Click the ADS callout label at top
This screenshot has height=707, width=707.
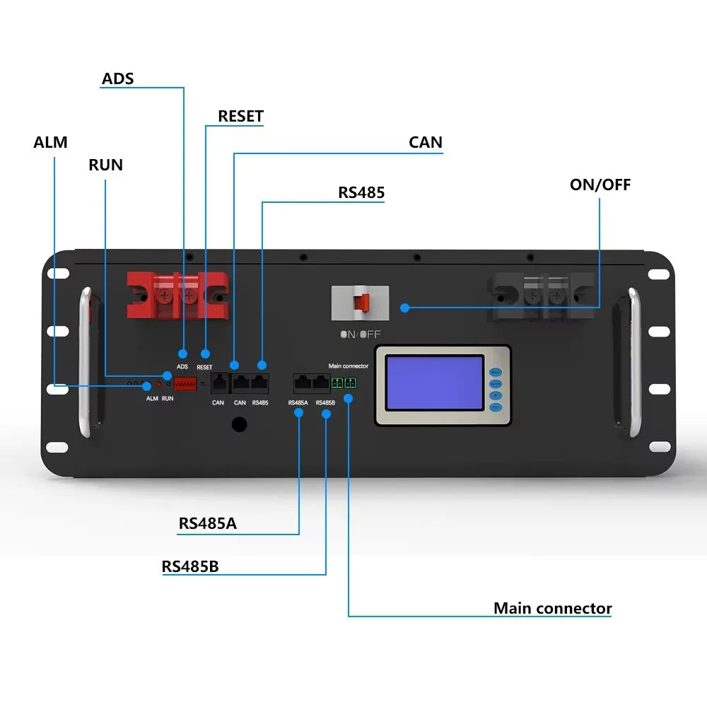(117, 78)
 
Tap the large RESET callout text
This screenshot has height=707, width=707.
(240, 116)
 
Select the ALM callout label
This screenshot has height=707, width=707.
(50, 142)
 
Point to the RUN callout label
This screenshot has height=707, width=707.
(105, 165)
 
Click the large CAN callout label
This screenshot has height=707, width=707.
(425, 142)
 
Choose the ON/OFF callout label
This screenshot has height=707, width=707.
(600, 185)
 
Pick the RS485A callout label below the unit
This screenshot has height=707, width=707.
(207, 524)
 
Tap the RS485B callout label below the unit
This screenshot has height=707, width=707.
(190, 566)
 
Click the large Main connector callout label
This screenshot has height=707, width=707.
(552, 608)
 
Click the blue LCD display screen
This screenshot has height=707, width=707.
(434, 382)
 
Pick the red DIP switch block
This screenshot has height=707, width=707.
(186, 384)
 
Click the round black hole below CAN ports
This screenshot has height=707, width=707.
(240, 424)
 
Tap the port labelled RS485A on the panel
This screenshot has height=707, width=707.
(302, 383)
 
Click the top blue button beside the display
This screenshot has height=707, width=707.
(496, 371)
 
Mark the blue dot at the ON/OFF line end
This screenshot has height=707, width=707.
(404, 308)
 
